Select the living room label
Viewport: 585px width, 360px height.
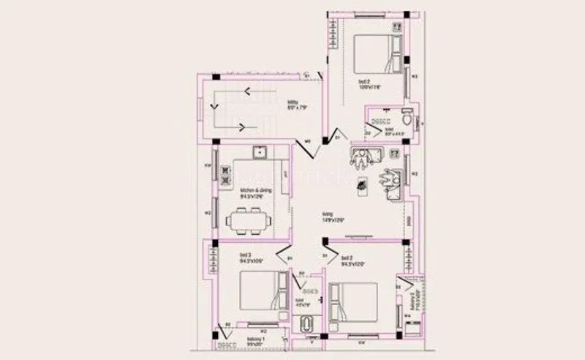point(333,217)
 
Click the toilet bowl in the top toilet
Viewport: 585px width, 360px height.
point(407,113)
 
